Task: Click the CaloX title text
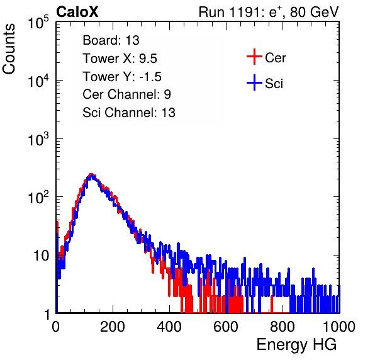(x=77, y=12)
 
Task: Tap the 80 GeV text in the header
(x=314, y=13)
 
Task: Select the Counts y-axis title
(x=9, y=49)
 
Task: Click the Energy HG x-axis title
(x=296, y=345)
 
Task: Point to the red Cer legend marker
(x=254, y=57)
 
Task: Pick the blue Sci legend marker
(x=254, y=82)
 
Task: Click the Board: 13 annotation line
(x=111, y=40)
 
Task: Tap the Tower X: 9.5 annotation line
(x=120, y=59)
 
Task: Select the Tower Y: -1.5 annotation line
(x=122, y=77)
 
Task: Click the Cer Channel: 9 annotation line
(x=126, y=94)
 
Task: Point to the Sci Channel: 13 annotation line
(x=129, y=113)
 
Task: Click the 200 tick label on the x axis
(x=113, y=327)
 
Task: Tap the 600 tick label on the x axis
(x=226, y=327)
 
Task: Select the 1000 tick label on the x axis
(x=339, y=327)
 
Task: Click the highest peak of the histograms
(x=91, y=174)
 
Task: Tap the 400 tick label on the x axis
(x=169, y=327)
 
